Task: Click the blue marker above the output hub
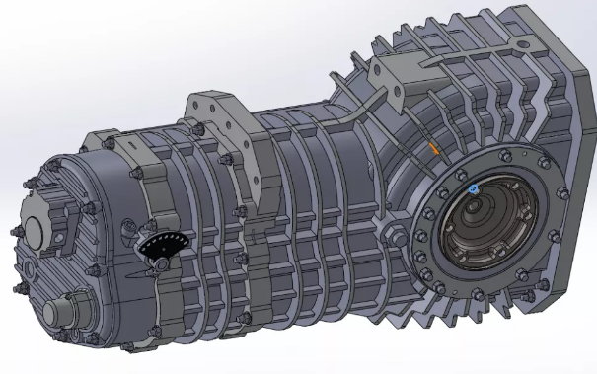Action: point(474,187)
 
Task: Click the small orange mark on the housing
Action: point(432,149)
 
